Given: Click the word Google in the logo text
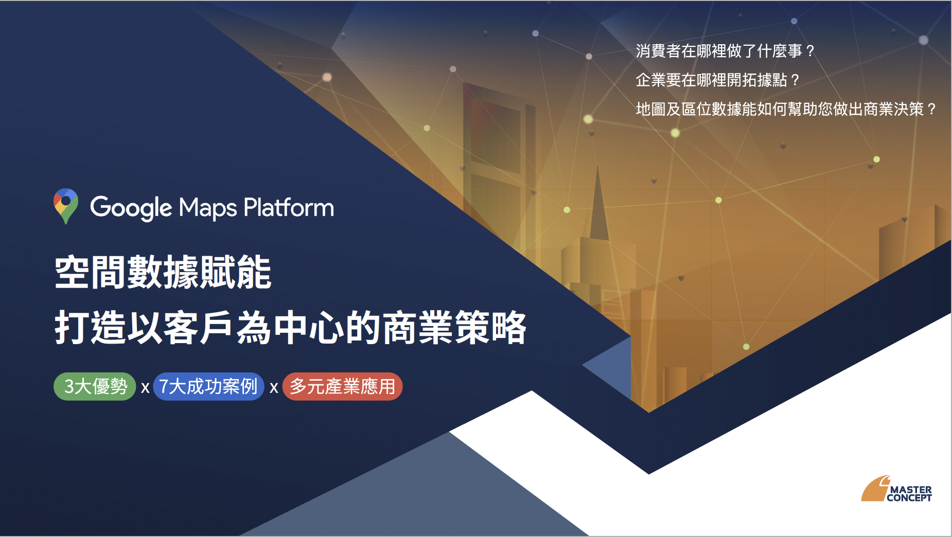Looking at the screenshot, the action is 131,208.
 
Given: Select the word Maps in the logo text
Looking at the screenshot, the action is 208,208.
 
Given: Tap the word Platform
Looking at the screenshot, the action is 289,207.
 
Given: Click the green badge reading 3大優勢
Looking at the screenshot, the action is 95,386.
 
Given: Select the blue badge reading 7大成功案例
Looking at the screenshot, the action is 208,386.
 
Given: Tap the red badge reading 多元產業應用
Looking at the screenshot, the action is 342,386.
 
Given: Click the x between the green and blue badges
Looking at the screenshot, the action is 145,388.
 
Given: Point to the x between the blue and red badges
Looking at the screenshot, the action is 274,388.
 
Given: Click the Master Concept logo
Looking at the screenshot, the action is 896,489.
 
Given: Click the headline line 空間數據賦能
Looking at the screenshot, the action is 163,272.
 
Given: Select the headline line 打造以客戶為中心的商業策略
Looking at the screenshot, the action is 291,328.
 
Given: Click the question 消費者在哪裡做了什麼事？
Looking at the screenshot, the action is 726,51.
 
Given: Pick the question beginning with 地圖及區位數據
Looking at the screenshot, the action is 786,109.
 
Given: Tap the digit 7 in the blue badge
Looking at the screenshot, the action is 164,386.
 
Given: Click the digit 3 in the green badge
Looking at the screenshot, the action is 69,386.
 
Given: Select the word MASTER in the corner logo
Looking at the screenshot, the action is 911,490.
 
